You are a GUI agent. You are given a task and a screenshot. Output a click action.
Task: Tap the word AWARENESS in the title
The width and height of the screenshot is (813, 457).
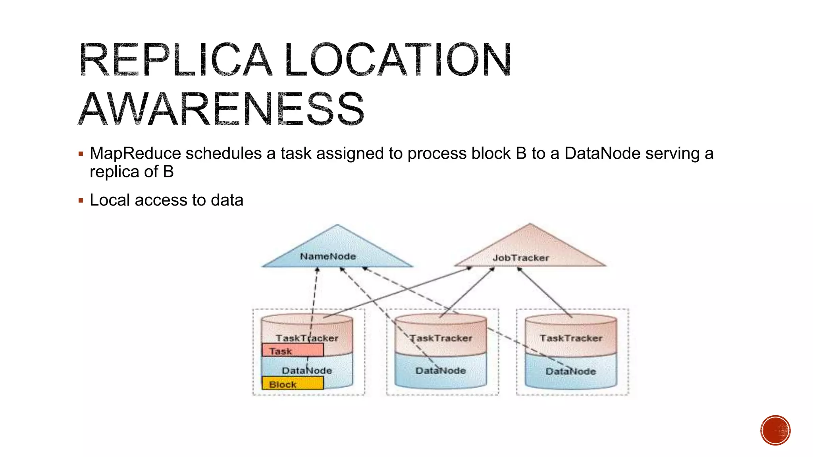(221, 108)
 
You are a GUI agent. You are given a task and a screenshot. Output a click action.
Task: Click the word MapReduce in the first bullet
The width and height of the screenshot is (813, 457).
(135, 154)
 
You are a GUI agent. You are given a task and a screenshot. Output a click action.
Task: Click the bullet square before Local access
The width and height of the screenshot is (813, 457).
(81, 201)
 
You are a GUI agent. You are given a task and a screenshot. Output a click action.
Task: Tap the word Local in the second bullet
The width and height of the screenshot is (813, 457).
(110, 200)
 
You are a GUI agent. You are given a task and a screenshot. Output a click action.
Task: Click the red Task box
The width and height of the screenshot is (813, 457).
(293, 350)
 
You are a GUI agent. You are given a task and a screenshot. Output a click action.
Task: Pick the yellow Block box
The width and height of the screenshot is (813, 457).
(293, 384)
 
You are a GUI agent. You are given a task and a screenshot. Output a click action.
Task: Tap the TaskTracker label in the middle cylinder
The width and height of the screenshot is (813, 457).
(441, 338)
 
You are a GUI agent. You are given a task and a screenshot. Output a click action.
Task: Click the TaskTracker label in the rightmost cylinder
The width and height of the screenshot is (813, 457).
(571, 338)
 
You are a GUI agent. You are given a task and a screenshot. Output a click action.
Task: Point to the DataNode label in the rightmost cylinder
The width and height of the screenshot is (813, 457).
(570, 371)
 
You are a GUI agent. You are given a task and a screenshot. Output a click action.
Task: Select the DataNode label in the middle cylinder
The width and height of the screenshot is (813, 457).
(441, 371)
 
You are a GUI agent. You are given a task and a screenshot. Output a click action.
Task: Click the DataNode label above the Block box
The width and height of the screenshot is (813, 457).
(307, 371)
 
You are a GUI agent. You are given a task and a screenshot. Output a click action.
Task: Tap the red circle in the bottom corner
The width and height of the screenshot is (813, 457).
(775, 430)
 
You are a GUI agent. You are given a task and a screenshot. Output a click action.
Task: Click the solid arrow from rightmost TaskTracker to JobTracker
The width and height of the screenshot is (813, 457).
(545, 292)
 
